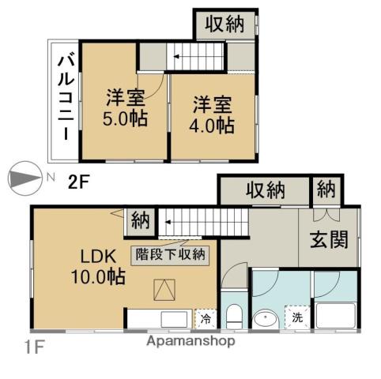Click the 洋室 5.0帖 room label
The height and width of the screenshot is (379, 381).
pos(125,108)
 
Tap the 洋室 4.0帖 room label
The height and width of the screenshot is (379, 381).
pos(212,115)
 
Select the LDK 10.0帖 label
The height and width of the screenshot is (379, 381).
pos(98,266)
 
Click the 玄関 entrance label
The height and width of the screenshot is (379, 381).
pos(330,239)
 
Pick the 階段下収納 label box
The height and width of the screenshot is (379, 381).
pos(170,255)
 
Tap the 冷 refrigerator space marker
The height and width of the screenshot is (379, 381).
pos(206,319)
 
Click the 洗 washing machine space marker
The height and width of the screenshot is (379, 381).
pos(297,317)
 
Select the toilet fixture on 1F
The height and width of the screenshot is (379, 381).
pos(234,316)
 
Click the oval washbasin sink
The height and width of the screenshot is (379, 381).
pos(266,319)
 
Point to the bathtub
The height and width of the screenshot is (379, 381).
pos(336,316)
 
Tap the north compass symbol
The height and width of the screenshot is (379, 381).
pos(25,178)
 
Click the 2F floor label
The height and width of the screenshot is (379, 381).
pos(77,182)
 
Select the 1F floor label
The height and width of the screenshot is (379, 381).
pos(34,347)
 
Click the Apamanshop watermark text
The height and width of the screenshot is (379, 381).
pos(190,341)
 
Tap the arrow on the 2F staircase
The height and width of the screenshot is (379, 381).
pos(176,57)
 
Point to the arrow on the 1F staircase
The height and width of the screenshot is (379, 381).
pos(168,223)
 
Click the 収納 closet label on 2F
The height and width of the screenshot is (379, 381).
pos(224,24)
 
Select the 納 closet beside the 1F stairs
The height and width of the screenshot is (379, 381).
pos(141,220)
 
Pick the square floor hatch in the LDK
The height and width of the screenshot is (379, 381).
pos(164,290)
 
